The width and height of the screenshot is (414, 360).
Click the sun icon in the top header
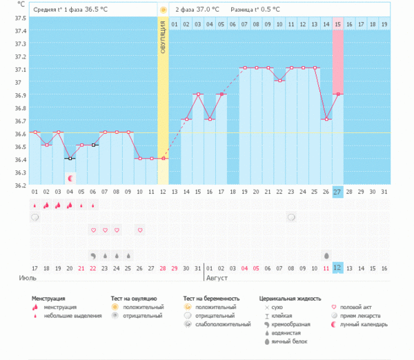pos(163,10)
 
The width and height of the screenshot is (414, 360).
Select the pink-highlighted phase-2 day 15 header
pos(337,25)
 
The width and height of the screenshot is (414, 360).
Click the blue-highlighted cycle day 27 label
pos(337,191)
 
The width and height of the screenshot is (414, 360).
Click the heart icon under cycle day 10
pos(140,230)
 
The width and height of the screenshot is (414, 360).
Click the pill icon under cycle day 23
pos(292,217)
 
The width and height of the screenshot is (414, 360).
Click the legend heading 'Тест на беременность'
pos(211,298)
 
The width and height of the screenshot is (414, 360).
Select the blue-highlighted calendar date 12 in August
pos(337,268)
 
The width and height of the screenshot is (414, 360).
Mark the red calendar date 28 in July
pos(163,268)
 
